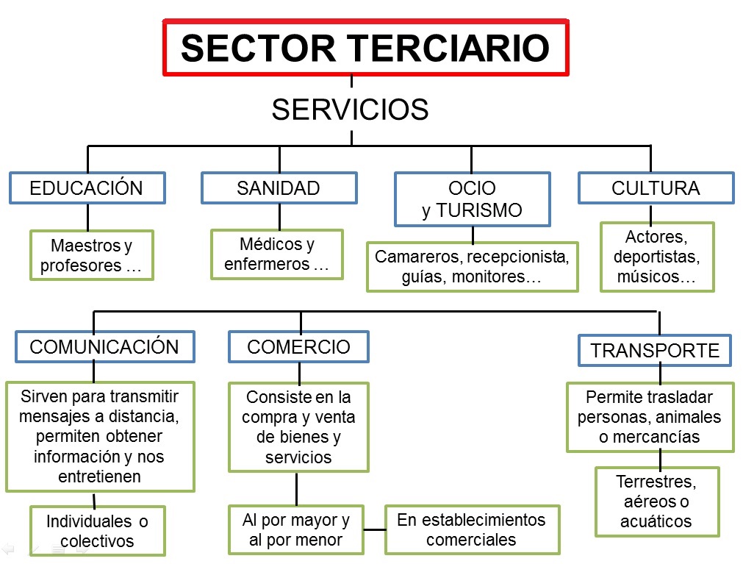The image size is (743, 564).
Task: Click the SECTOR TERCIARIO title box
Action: tap(365, 49)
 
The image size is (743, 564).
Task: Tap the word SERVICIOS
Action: tap(350, 110)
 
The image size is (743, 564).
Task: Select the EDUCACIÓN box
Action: tap(87, 188)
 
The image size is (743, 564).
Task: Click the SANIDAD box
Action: tap(279, 188)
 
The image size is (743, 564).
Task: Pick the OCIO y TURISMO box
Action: tap(472, 199)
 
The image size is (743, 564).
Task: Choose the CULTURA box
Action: tap(656, 188)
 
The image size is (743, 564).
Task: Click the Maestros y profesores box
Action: tap(91, 255)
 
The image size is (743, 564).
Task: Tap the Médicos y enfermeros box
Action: tap(277, 254)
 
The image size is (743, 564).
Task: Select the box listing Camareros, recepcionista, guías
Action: tap(472, 267)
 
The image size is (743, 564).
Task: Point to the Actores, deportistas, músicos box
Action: tap(656, 257)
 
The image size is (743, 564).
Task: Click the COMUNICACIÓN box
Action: tap(104, 347)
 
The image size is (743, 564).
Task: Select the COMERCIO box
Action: tap(298, 347)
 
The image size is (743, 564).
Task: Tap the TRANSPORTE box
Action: tap(655, 351)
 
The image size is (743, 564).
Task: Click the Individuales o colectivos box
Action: tap(97, 531)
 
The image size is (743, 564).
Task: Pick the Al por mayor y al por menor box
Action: tap(296, 529)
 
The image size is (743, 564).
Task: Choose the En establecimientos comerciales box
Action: tap(472, 529)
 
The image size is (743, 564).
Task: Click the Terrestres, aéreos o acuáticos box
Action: tap(656, 501)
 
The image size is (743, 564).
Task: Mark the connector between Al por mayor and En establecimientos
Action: tap(375, 529)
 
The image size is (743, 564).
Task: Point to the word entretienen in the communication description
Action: tap(100, 476)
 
